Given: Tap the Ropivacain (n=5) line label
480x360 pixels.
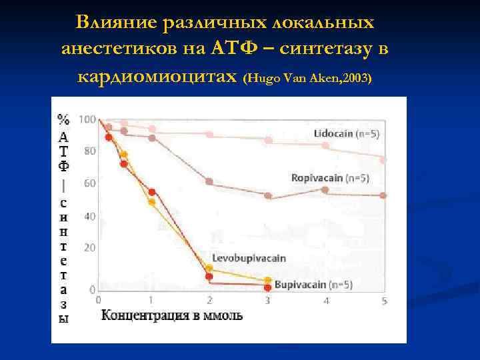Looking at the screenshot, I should [x=330, y=178].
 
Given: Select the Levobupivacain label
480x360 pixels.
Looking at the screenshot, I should [x=240, y=258].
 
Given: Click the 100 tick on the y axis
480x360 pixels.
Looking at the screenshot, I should [x=87, y=119].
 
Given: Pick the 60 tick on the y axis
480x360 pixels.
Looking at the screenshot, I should [x=89, y=183].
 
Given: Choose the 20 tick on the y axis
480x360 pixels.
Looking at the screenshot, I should [x=89, y=247].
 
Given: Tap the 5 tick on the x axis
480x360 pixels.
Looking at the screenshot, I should [x=384, y=301].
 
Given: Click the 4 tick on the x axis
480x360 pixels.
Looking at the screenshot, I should [x=325, y=301].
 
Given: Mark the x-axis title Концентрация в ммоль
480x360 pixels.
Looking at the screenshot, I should [x=171, y=315].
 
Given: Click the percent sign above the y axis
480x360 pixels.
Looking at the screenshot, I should [x=63, y=121].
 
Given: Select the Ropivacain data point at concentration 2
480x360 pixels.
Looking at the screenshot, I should [x=209, y=181].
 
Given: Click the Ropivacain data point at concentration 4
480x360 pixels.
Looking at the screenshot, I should [x=325, y=190].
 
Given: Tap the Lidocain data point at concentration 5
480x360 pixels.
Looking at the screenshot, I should [x=383, y=160].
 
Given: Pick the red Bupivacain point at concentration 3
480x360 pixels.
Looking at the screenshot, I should [x=267, y=287].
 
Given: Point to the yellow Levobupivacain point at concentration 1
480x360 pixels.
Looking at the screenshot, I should [x=152, y=202].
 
